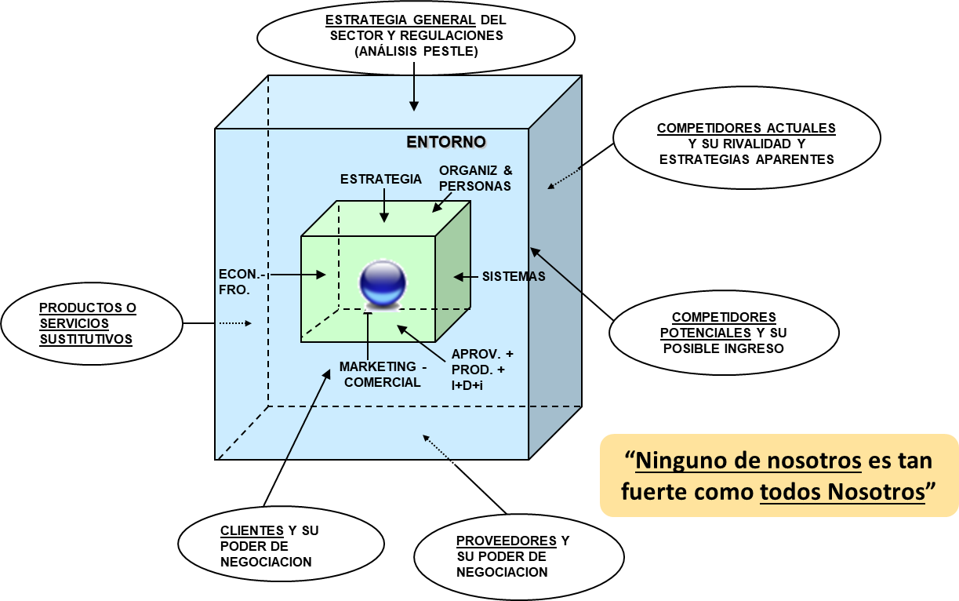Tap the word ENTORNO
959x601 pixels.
(x=445, y=142)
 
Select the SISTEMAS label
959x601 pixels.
(x=514, y=276)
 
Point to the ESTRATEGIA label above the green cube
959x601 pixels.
(x=381, y=179)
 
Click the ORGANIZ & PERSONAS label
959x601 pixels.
(x=475, y=178)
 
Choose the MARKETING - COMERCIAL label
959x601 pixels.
(x=380, y=374)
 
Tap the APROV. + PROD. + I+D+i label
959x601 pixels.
(x=481, y=368)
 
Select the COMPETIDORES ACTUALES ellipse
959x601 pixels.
(x=746, y=144)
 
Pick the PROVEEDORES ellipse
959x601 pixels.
(x=518, y=556)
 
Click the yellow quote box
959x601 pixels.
(x=779, y=475)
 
